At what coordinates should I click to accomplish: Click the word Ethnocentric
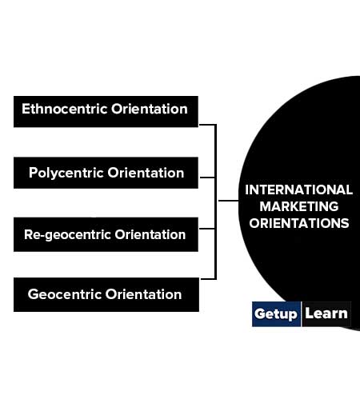[65, 109]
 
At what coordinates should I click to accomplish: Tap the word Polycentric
[66, 174]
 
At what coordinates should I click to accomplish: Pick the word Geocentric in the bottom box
[65, 294]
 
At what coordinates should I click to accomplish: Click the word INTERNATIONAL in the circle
[298, 190]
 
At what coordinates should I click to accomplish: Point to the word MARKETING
[299, 206]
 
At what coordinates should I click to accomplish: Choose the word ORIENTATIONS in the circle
[299, 223]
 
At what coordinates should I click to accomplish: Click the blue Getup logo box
[276, 314]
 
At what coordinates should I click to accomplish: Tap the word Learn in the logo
[326, 313]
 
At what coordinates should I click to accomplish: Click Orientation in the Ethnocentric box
[150, 109]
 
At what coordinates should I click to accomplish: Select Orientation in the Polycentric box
[146, 173]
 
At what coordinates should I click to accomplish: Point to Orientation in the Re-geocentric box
[150, 234]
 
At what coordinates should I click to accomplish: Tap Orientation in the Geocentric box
[144, 294]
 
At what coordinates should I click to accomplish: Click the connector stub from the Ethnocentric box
[207, 125]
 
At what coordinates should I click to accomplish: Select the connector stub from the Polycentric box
[207, 178]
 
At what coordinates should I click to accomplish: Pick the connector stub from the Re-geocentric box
[207, 229]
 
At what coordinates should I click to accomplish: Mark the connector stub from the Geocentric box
[208, 279]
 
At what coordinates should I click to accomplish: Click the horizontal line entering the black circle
[229, 201]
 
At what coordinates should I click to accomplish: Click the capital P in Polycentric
[33, 173]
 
